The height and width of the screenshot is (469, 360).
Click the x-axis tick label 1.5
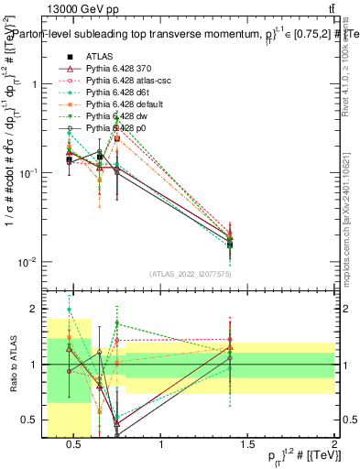click(x=248, y=446)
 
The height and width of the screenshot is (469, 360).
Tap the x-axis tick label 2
click(x=334, y=446)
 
